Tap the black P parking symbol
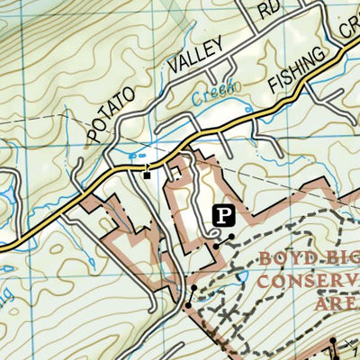[222, 215]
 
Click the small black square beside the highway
[147, 175]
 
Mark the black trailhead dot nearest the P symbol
[231, 238]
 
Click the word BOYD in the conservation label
[286, 261]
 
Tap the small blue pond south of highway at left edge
[7, 268]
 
